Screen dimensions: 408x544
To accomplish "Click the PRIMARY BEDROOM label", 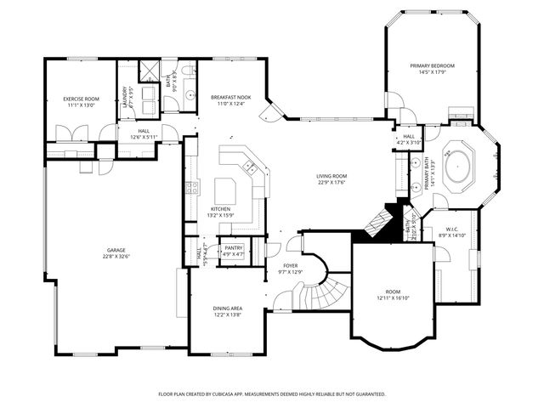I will click(x=432, y=65).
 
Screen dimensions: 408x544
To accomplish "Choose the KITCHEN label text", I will click(x=221, y=209).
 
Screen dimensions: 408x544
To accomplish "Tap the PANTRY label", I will click(x=233, y=247).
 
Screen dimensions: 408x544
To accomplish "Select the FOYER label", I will click(x=292, y=265).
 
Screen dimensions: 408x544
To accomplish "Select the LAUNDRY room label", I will click(x=125, y=94).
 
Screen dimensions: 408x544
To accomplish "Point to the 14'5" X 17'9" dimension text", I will click(x=432, y=72).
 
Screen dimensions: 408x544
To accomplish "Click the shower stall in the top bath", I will click(x=150, y=70).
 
